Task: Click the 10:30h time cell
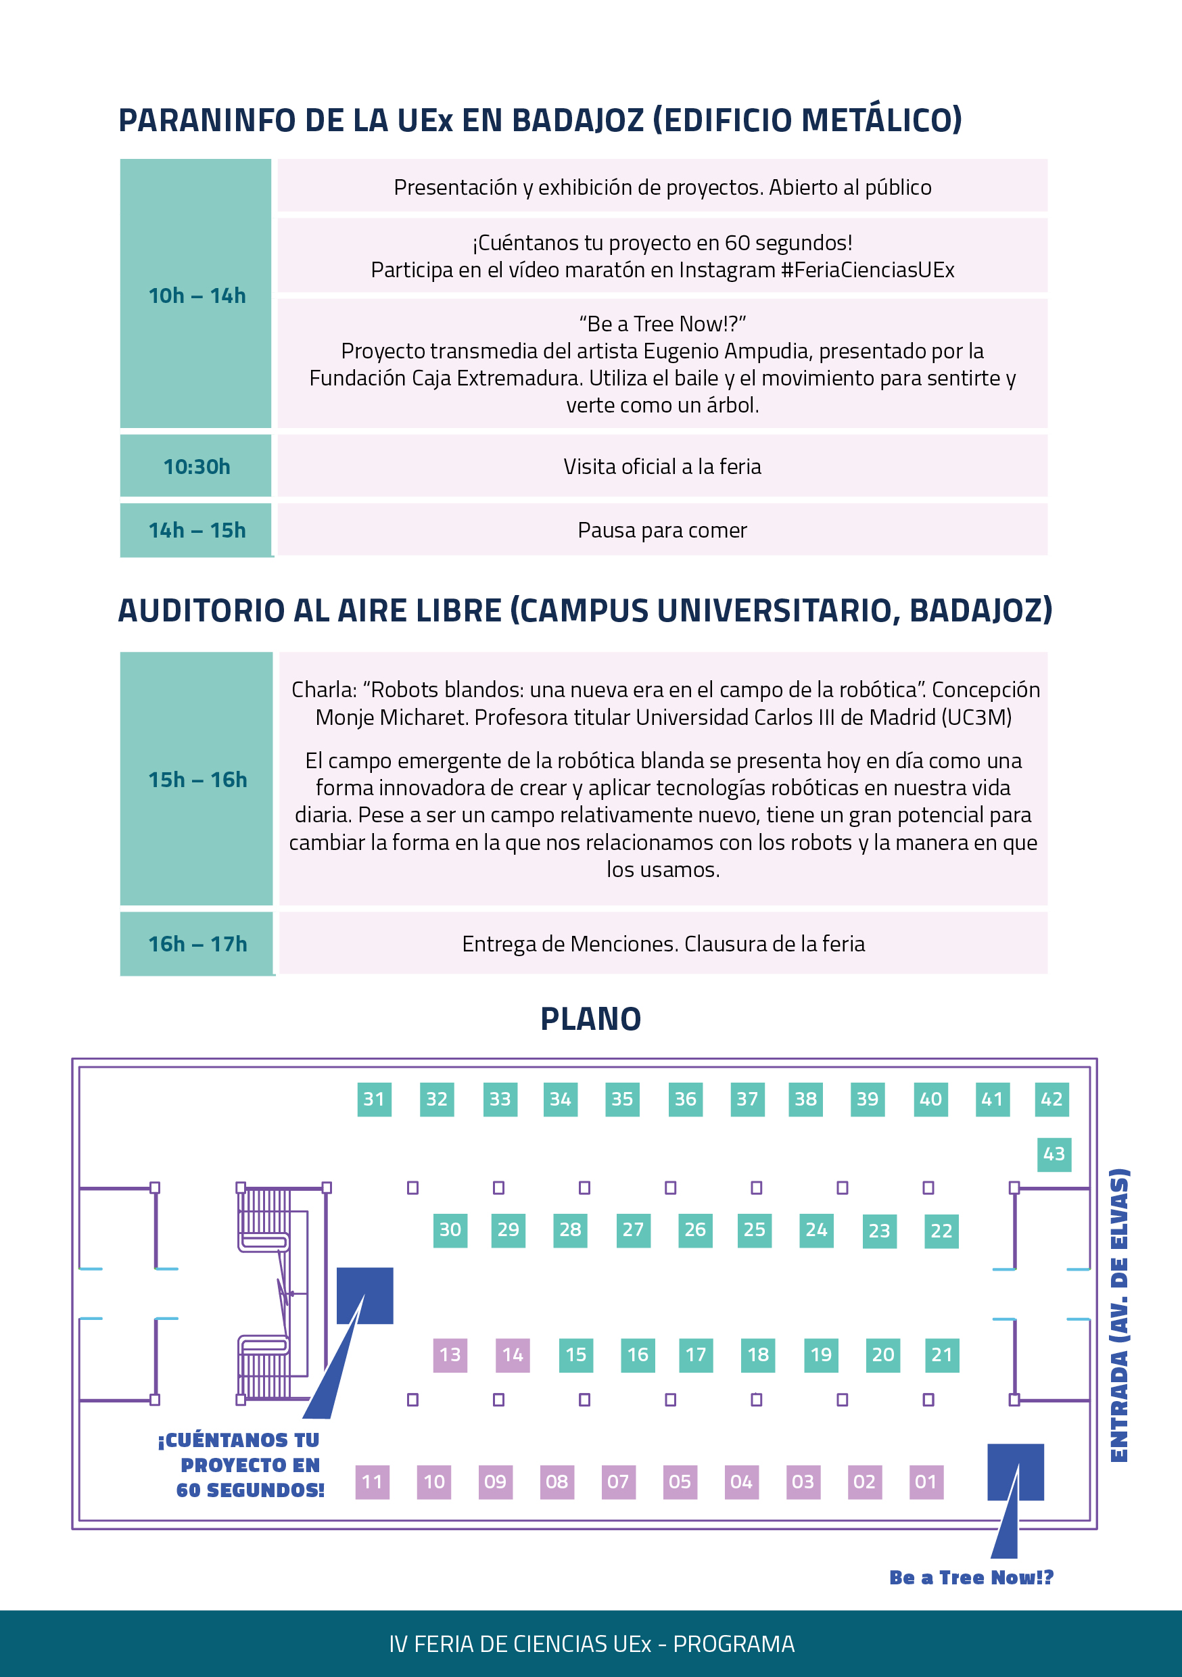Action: (x=196, y=466)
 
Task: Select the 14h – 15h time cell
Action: (x=196, y=530)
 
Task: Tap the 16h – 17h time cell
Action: (x=197, y=944)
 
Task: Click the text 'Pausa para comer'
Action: (x=662, y=530)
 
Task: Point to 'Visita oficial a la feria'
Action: (x=662, y=466)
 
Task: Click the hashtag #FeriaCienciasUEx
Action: (x=867, y=270)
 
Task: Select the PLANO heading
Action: (x=590, y=1019)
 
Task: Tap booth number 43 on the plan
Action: (x=1054, y=1154)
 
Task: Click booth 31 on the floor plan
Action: (x=374, y=1100)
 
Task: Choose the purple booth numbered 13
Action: (x=450, y=1355)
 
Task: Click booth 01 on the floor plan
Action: (x=926, y=1482)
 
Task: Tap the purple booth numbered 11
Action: (x=373, y=1482)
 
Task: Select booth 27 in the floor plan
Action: (x=634, y=1230)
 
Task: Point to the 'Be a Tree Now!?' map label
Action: (x=972, y=1578)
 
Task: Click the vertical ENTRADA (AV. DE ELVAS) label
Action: (x=1119, y=1315)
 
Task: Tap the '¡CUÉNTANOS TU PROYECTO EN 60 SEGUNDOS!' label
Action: (x=241, y=1465)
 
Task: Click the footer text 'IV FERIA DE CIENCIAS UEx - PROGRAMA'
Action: (x=592, y=1643)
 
